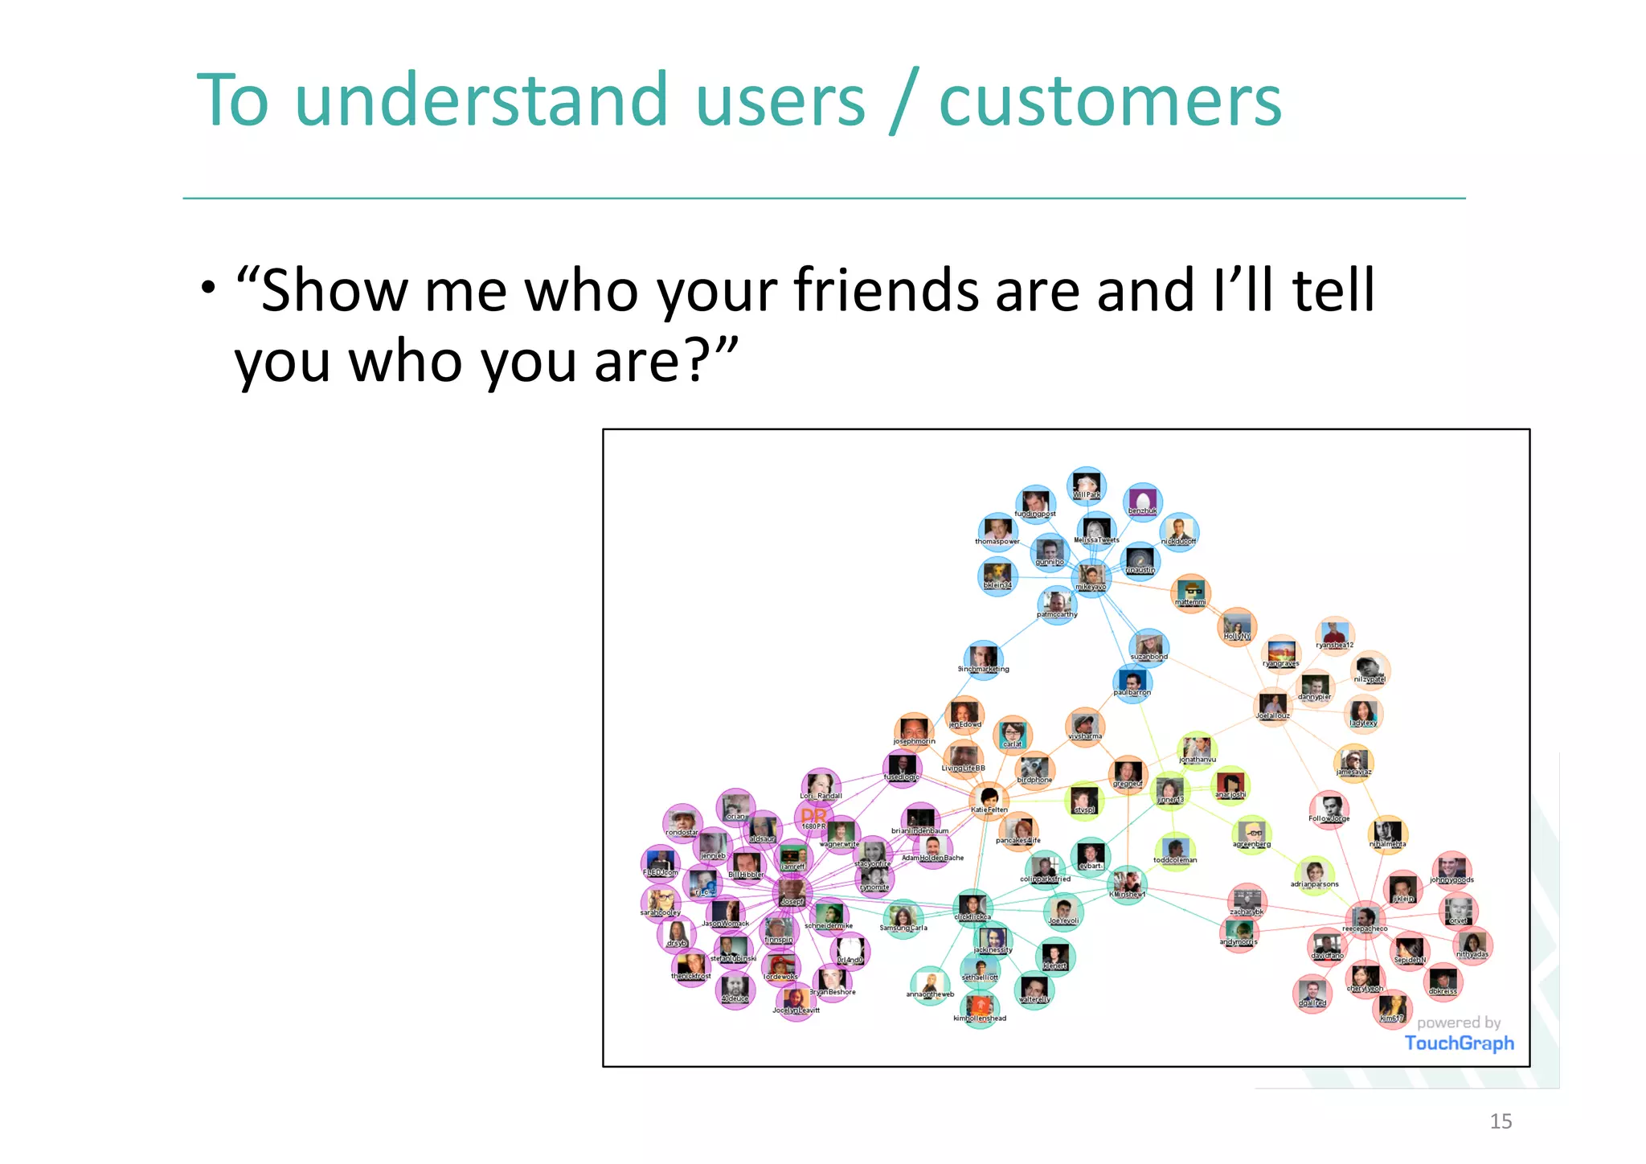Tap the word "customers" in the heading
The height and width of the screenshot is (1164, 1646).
coord(1109,102)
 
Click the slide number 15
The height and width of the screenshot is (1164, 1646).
coord(1500,1121)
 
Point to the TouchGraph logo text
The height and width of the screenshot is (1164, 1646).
coord(1459,1043)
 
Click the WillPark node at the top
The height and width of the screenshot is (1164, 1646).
coord(1086,486)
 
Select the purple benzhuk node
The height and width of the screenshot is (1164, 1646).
coord(1142,502)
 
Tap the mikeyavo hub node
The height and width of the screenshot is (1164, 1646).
coord(1091,576)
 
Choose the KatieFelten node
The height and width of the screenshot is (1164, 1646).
coord(989,799)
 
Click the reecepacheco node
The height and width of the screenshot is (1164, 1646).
coord(1364,917)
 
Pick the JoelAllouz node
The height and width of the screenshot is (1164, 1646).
coord(1272,705)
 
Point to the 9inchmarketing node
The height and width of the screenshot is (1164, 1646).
coord(983,658)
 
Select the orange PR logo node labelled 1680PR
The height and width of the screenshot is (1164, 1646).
coord(813,818)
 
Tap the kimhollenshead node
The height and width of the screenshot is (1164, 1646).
coord(980,1008)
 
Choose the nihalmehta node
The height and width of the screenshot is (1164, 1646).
coord(1387,833)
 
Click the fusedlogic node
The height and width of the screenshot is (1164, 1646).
coord(902,767)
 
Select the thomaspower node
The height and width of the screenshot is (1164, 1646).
coord(997,531)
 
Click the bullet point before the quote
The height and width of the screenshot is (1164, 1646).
coord(208,287)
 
